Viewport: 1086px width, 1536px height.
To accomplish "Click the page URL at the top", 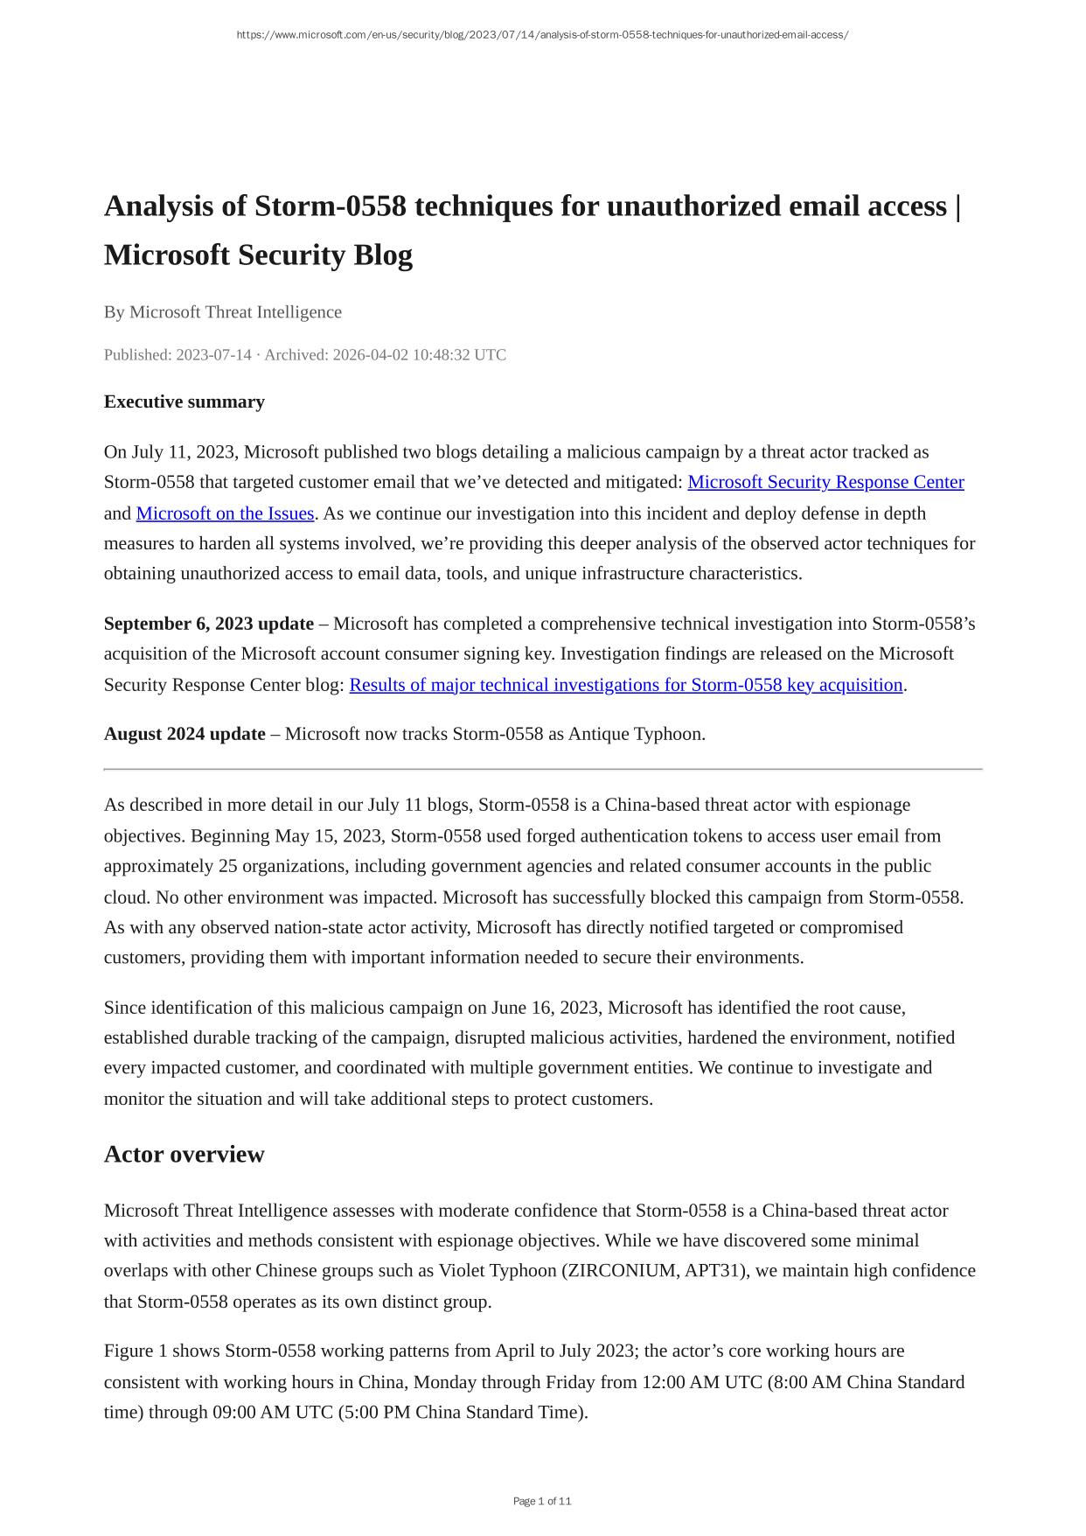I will coord(542,35).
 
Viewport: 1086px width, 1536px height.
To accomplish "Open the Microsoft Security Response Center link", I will coord(825,482).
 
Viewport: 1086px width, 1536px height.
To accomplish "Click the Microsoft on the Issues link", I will coord(225,513).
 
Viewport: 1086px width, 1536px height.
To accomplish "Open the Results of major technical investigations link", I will coord(625,684).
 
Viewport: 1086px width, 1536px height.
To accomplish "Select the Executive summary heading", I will coord(184,401).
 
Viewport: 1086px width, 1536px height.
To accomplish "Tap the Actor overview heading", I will coord(184,1154).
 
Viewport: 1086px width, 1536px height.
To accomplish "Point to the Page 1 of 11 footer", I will coord(542,1501).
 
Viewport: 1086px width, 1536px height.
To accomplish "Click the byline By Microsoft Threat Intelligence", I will coord(223,312).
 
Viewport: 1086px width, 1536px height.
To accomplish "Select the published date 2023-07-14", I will coord(213,354).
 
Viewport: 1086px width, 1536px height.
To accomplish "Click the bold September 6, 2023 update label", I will coord(208,624).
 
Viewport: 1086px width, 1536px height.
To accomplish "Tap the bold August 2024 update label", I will coord(184,733).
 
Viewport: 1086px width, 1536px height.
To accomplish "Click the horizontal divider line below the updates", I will coord(542,769).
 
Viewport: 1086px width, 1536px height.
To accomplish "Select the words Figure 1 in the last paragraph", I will coord(136,1351).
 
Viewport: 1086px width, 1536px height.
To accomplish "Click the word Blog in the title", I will coord(382,255).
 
